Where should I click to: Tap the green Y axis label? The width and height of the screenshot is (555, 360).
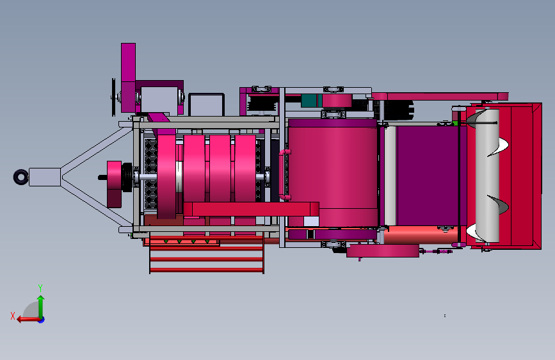pyautogui.click(x=40, y=288)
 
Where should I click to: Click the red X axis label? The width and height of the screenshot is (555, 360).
pyautogui.click(x=13, y=316)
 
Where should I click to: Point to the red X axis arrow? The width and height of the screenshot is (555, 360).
pyautogui.click(x=28, y=320)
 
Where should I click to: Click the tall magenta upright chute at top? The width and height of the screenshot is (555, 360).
pyautogui.click(x=128, y=78)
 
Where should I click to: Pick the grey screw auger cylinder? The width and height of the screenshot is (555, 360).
pyautogui.click(x=487, y=176)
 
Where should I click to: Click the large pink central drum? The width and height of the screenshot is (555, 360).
pyautogui.click(x=333, y=172)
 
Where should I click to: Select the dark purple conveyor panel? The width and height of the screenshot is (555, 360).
pyautogui.click(x=428, y=176)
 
